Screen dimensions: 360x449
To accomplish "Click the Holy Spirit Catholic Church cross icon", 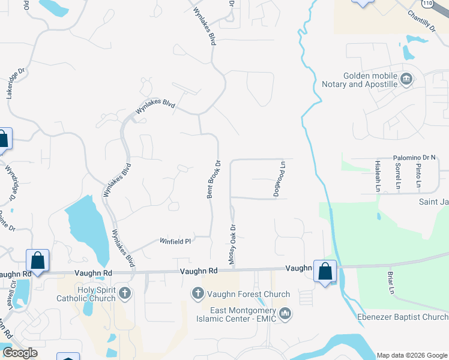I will [x=125, y=293].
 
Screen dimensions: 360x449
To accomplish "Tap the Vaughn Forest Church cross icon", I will [x=197, y=294].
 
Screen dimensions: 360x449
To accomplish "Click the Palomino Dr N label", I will [x=414, y=158].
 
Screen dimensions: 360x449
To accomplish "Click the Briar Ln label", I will [x=390, y=283].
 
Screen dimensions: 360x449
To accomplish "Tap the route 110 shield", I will [x=427, y=4].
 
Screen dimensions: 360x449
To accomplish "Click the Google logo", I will [x=20, y=353].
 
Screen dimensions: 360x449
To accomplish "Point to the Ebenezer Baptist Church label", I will [x=409, y=317].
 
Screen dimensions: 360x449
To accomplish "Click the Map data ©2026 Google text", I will [x=412, y=355].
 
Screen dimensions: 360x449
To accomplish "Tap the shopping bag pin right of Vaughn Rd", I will [x=325, y=271].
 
